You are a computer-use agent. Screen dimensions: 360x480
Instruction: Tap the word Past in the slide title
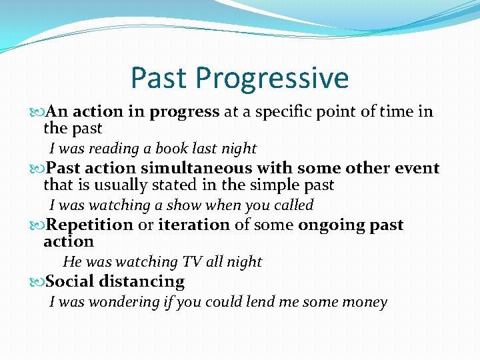(x=159, y=77)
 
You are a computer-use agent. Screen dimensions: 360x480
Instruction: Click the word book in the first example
(x=173, y=148)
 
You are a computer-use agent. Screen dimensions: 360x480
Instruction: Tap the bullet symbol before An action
(x=37, y=112)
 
